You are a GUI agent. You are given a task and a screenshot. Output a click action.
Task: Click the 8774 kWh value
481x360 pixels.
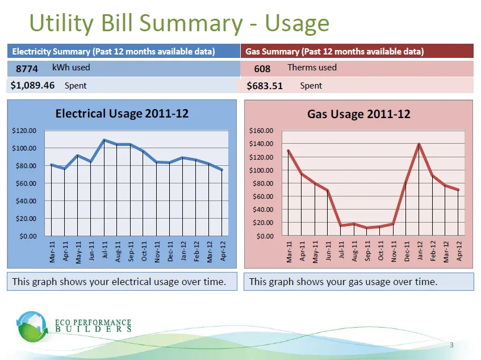pyautogui.click(x=27, y=69)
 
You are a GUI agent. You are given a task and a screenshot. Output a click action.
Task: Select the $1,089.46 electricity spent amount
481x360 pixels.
pyautogui.click(x=32, y=86)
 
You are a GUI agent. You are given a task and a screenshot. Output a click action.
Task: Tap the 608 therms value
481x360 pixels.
pyautogui.click(x=262, y=69)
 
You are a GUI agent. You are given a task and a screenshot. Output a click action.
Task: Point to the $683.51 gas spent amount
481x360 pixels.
pyautogui.click(x=265, y=86)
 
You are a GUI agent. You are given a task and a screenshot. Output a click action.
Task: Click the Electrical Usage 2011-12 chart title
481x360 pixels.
pyautogui.click(x=122, y=114)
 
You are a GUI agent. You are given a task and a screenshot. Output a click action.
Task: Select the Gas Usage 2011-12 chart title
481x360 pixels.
pyautogui.click(x=358, y=114)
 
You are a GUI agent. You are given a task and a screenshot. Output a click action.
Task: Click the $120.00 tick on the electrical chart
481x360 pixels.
pyautogui.click(x=24, y=131)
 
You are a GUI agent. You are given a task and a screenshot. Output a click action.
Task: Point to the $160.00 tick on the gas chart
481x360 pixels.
pyautogui.click(x=261, y=131)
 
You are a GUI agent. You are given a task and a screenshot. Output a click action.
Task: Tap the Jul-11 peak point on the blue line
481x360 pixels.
pyautogui.click(x=104, y=140)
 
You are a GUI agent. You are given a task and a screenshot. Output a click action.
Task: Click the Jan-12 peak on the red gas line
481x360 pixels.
pyautogui.click(x=419, y=144)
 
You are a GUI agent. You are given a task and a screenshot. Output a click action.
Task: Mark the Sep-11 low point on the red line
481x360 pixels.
pyautogui.click(x=367, y=228)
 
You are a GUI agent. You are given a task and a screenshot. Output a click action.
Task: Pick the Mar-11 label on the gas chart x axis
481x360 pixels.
pyautogui.click(x=289, y=251)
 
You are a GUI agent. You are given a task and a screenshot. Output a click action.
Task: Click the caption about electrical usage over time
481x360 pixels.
pyautogui.click(x=119, y=281)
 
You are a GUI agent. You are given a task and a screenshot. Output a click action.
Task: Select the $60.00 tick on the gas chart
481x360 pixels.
pyautogui.click(x=262, y=196)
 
